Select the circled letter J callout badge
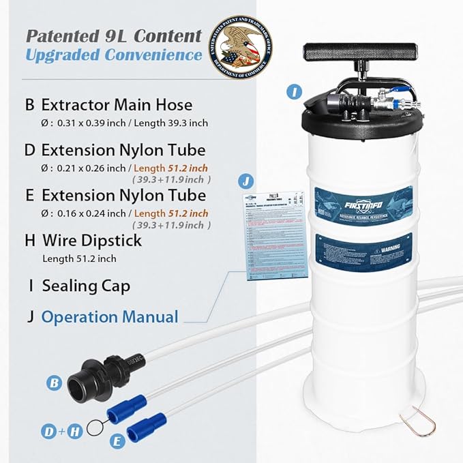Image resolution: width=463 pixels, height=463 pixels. pos(245,181)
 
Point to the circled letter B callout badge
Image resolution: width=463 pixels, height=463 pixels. pos(54,383)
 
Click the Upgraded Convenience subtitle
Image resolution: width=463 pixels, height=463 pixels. pos(114,55)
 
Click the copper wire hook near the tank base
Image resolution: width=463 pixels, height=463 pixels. pos(421,423)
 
